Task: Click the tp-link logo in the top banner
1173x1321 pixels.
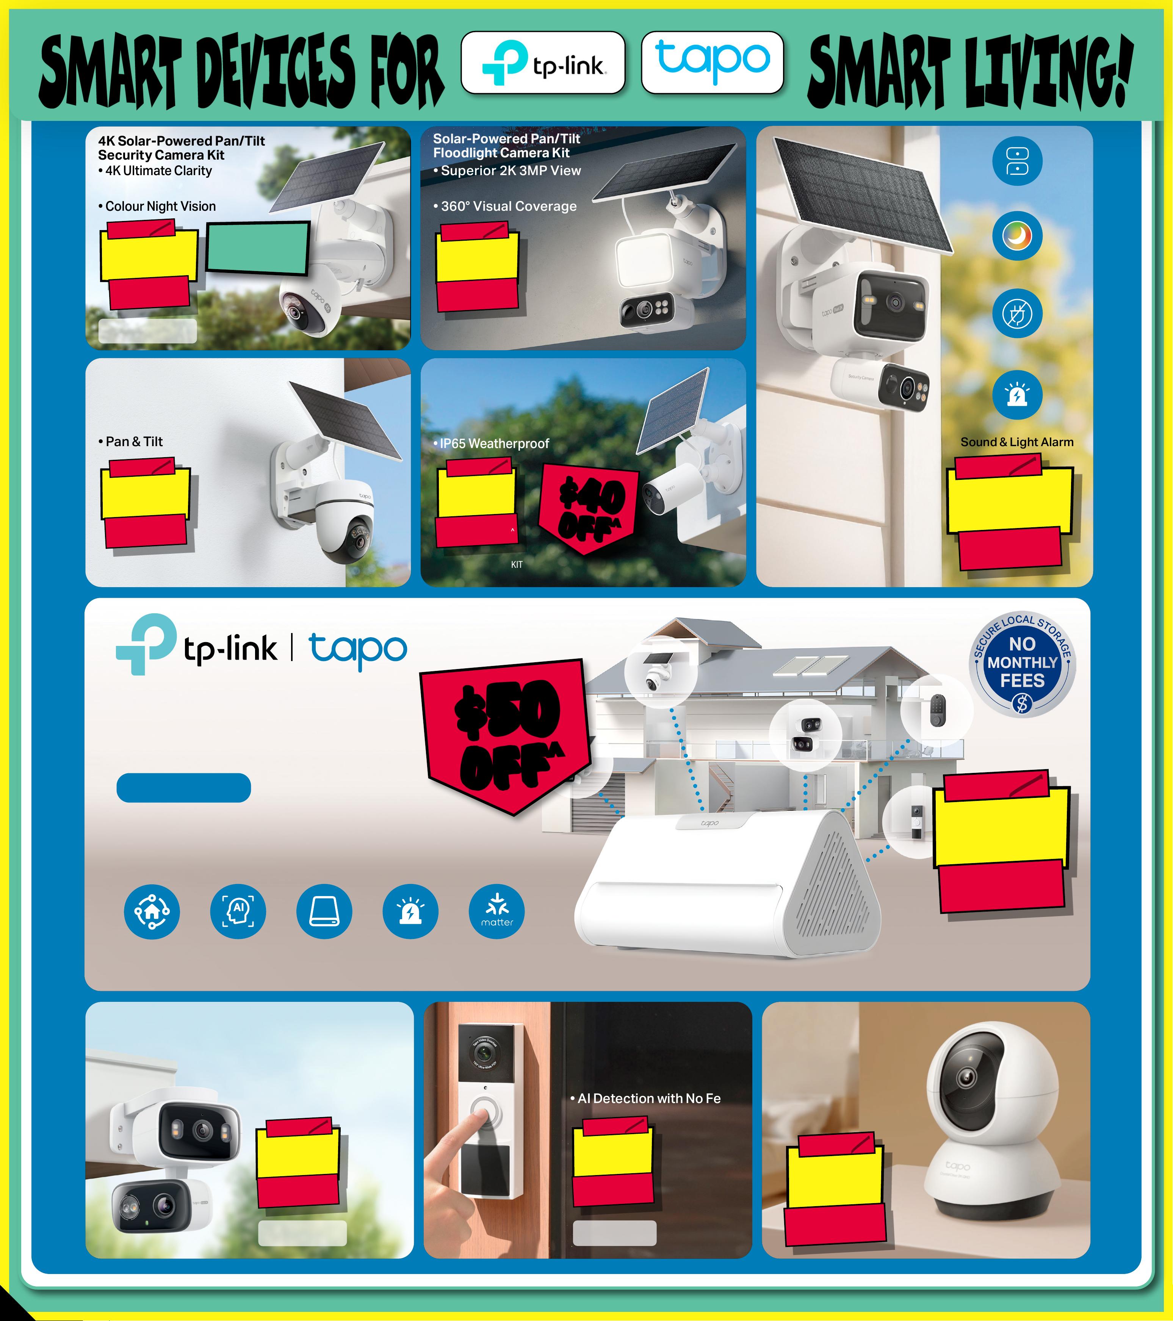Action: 543,63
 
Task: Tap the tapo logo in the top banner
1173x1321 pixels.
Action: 712,63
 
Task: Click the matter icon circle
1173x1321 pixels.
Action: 496,911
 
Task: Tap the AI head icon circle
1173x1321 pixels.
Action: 238,911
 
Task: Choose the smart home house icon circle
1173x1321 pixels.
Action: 152,911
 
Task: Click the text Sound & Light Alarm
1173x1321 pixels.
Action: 1016,442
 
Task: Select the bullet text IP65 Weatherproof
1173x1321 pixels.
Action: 491,443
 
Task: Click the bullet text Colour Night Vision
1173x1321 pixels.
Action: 157,206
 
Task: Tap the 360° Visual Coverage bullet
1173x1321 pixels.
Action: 505,206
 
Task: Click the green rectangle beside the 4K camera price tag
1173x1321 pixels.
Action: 258,248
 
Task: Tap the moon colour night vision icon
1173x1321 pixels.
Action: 1017,236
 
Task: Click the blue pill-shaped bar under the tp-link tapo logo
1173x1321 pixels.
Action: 183,788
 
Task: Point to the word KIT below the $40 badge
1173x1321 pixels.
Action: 517,564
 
